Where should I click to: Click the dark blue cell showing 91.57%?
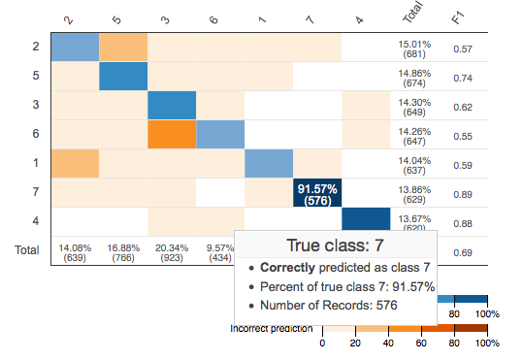[317, 193]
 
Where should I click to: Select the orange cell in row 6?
[172, 135]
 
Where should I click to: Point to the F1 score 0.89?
[464, 194]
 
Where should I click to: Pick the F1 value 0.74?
[464, 78]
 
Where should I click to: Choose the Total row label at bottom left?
[25, 250]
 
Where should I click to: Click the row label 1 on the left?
[34, 164]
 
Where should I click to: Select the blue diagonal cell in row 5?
[123, 77]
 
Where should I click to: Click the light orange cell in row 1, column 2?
[75, 164]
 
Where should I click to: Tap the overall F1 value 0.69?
[464, 252]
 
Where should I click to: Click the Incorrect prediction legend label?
[272, 328]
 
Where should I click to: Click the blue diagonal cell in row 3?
[172, 106]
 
